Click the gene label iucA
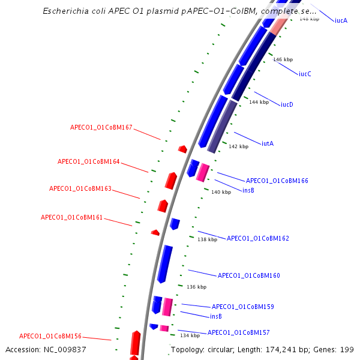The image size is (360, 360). click(341, 20)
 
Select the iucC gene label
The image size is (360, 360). click(305, 74)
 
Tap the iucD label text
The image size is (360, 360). click(287, 104)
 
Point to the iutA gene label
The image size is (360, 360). click(268, 143)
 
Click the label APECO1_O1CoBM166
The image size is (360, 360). click(277, 181)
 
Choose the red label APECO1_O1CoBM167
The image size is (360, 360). click(101, 128)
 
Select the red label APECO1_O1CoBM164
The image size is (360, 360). click(88, 162)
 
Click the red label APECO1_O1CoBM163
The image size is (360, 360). click(80, 188)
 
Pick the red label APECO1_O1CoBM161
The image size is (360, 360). click(71, 217)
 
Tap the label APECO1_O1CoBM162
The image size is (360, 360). click(257, 238)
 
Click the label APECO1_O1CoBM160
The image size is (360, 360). click(248, 276)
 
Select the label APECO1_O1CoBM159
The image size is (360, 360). click(242, 307)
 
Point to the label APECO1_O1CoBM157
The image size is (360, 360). click(238, 332)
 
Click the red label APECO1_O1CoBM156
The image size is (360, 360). click(50, 337)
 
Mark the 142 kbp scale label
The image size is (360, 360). click(238, 146)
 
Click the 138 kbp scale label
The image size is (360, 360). click(207, 239)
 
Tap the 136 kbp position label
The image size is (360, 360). click(196, 287)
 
